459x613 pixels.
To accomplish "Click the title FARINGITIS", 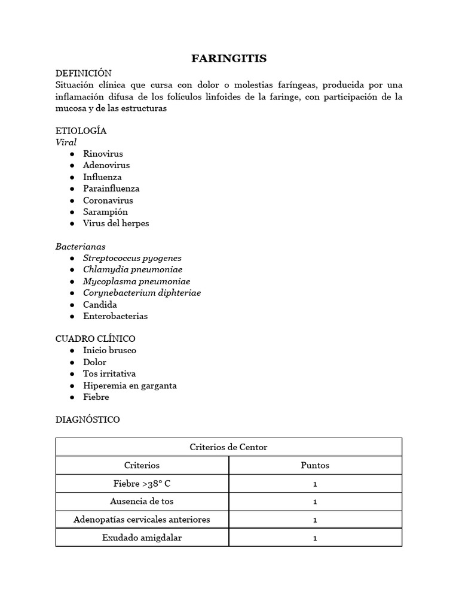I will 229,58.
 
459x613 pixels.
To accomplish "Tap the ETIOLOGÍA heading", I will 81,131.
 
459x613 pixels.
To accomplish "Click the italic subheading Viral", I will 66,142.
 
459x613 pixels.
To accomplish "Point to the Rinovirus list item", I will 103,154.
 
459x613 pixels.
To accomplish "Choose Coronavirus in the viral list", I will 108,201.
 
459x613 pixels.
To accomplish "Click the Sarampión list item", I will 105,212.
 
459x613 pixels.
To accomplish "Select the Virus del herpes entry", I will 116,223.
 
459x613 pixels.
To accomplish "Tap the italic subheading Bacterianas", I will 80,247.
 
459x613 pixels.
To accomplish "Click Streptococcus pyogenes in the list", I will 132,258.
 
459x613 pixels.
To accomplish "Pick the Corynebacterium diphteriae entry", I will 142,293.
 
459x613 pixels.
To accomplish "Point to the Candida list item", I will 100,305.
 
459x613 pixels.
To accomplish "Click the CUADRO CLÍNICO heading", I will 95,339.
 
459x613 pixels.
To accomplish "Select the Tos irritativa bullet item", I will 109,374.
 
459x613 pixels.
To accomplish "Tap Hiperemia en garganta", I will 130,386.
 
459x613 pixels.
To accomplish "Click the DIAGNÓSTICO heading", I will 87,420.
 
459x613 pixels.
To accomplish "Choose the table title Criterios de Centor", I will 229,447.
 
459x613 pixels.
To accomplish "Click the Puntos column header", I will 315,465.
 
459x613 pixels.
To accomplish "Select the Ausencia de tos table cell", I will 142,502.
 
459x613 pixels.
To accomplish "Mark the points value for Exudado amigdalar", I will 315,538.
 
